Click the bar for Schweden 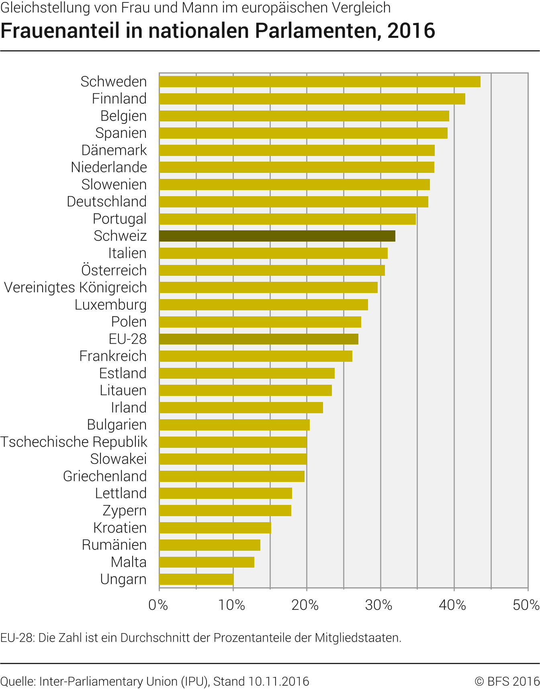pos(319,82)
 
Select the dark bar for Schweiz pos(277,236)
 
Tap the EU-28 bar pos(258,339)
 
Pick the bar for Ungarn pos(196,579)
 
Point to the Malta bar pos(207,562)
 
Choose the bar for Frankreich pos(256,356)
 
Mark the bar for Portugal pos(287,219)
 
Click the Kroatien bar pos(215,528)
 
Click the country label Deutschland pos(107,201)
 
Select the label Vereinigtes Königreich pos(76,287)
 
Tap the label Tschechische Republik pos(74,442)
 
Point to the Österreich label pos(114,270)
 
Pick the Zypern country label pos(125,511)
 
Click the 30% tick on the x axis pos(379,605)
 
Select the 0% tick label pos(158,605)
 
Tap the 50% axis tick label pos(526,605)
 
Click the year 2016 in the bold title pos(411,31)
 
